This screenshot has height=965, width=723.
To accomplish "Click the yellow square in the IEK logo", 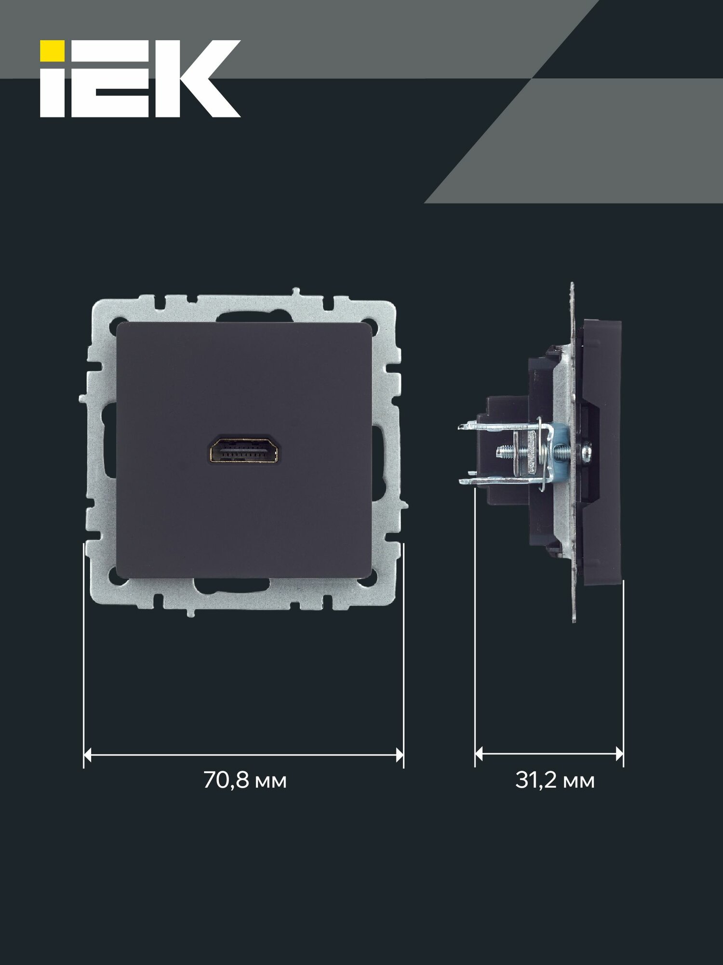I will point(52,51).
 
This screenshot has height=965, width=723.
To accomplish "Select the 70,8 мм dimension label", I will point(245,781).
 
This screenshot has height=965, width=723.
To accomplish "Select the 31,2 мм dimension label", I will point(554,781).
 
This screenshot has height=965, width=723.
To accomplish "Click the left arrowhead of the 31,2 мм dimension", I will point(479,753).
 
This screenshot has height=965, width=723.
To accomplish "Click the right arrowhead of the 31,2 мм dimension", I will point(619,753).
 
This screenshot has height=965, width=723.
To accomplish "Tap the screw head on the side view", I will point(587,452).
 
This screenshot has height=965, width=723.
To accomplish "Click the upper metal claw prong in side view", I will point(482,426).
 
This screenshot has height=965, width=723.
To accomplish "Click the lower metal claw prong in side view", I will point(482,481).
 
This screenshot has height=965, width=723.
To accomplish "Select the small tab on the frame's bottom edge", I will point(190,613).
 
